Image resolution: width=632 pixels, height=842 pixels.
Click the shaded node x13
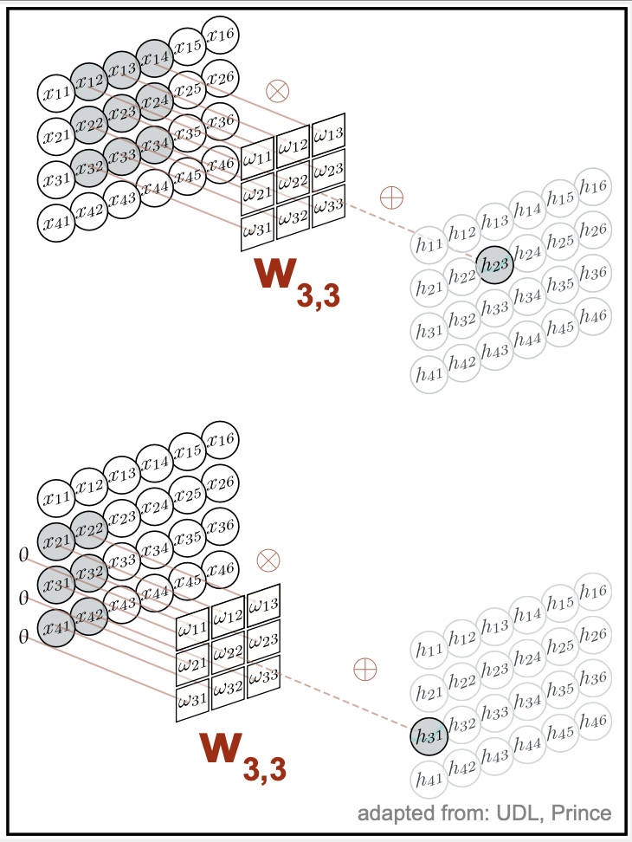click(x=122, y=69)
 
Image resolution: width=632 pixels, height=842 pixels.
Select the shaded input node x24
click(x=155, y=102)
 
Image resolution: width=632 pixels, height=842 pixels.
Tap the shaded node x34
click(x=155, y=144)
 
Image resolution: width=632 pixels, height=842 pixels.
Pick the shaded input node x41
click(x=56, y=623)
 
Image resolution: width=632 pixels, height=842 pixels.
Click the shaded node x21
click(x=56, y=541)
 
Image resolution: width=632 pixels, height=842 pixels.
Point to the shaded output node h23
click(x=494, y=264)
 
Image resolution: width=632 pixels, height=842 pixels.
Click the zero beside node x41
click(x=23, y=638)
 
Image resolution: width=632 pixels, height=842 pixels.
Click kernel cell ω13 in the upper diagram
click(x=328, y=133)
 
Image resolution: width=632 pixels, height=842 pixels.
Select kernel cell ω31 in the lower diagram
click(x=193, y=697)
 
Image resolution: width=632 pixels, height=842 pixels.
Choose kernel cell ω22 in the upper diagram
click(x=294, y=180)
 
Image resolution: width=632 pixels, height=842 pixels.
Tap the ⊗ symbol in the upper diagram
click(x=277, y=90)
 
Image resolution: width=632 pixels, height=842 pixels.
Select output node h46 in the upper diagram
click(x=593, y=316)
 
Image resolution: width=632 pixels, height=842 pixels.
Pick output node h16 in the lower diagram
click(x=593, y=592)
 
